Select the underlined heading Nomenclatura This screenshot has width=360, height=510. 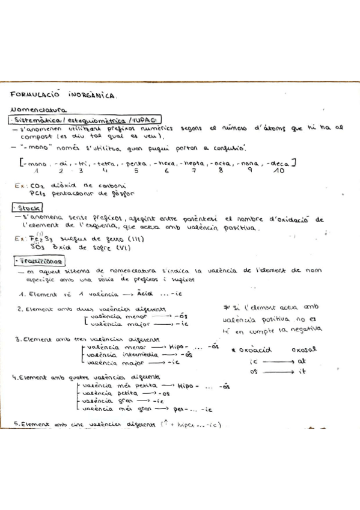pos(39,110)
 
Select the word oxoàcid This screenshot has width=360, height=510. pos(254,349)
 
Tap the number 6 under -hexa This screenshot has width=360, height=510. pos(166,171)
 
